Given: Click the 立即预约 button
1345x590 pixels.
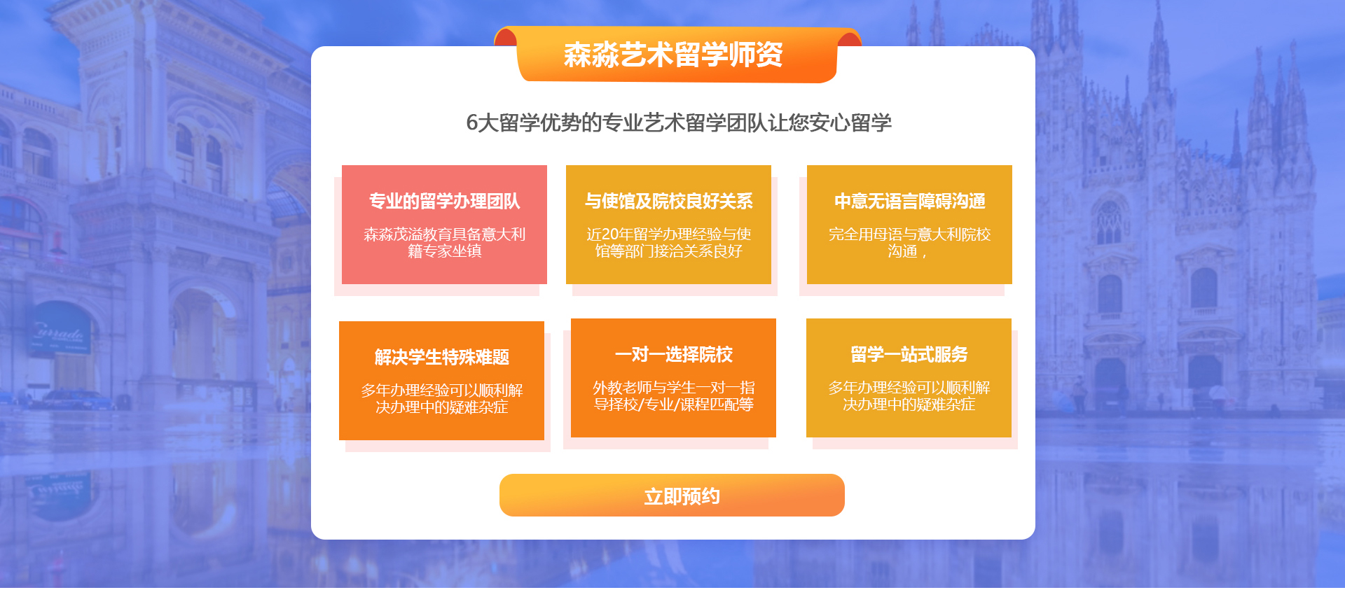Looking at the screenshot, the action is tap(672, 496).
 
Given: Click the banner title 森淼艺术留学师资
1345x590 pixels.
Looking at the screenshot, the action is tap(673, 55).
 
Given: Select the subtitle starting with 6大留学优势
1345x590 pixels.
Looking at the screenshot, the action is tap(679, 123).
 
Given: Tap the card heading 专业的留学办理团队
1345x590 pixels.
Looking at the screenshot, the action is tap(444, 202).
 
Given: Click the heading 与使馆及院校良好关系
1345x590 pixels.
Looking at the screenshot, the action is tap(668, 202).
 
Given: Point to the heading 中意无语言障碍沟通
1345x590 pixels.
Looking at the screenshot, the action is tap(909, 202).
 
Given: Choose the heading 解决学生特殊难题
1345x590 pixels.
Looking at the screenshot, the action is tap(441, 358).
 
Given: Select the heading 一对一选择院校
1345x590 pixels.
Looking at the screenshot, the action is tap(673, 355).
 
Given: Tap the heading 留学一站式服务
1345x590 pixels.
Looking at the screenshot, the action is tap(909, 355).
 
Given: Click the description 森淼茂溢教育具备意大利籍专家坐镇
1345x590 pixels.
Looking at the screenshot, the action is tap(444, 243).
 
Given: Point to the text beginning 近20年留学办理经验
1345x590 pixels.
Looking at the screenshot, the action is tap(668, 243).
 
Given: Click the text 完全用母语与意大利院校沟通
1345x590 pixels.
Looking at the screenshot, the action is tap(909, 243).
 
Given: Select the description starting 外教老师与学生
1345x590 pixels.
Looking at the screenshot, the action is tap(673, 396).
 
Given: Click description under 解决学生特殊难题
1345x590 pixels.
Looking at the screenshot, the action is tap(441, 399).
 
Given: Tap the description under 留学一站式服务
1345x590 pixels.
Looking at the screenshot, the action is tap(909, 396).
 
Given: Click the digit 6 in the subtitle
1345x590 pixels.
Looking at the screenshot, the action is tap(471, 123).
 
